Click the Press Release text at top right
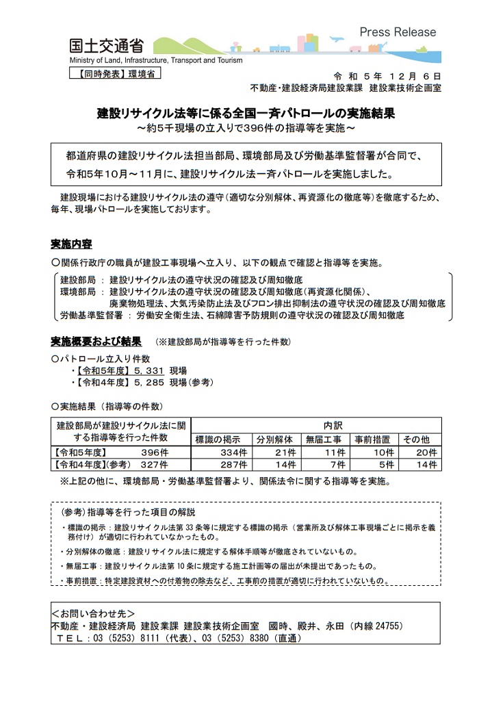coord(397,32)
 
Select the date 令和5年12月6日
coord(387,75)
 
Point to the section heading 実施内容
coord(71,244)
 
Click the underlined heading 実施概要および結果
coord(96,340)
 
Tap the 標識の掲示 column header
coord(218,439)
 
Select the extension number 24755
coord(387,625)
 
